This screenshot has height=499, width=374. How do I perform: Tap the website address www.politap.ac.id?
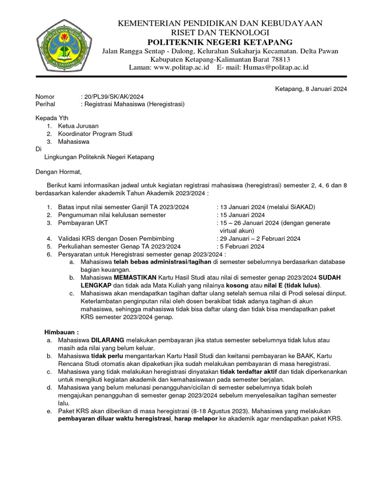(181, 67)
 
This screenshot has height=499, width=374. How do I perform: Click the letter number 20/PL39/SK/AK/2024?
(114, 96)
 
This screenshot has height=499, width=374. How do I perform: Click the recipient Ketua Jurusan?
(78, 126)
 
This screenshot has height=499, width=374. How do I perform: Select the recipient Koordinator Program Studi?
(95, 134)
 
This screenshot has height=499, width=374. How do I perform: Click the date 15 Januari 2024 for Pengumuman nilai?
(242, 215)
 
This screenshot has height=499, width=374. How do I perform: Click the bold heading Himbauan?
(62, 331)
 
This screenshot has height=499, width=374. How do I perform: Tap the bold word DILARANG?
(108, 340)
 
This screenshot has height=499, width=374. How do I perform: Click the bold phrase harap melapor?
(197, 419)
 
